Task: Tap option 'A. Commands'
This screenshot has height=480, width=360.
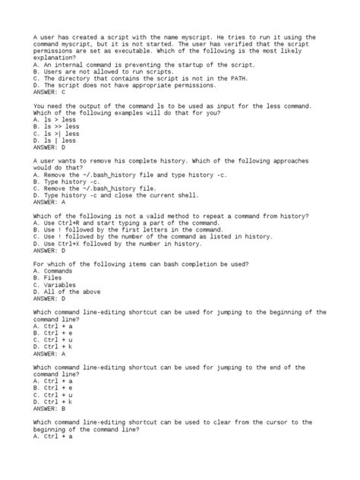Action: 53,270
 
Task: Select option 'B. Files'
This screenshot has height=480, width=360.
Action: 49,276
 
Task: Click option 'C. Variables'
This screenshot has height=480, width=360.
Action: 55,283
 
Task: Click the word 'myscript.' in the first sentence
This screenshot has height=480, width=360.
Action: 206,37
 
